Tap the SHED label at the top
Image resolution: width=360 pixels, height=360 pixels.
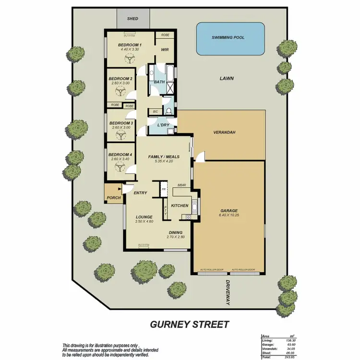point(132,19)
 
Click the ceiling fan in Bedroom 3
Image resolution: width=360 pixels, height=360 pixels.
point(120,134)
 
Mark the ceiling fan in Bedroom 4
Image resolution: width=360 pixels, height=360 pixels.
point(120,167)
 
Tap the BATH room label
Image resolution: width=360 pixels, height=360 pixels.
point(159,82)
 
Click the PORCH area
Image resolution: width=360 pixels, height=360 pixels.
point(113,197)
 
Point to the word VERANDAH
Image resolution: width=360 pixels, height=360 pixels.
point(223,132)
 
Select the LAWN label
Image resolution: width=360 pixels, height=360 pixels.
point(226,78)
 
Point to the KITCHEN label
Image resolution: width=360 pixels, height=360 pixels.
point(180,205)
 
